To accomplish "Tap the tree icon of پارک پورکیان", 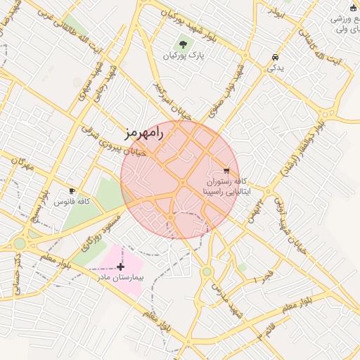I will (184, 44).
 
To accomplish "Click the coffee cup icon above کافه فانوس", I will (72, 191).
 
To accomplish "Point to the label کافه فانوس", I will (73, 202).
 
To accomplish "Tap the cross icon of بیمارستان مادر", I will (121, 266).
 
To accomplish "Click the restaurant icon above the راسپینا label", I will (226, 170).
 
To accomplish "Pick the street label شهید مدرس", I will (229, 304).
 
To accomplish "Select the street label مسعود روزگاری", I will (97, 236).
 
